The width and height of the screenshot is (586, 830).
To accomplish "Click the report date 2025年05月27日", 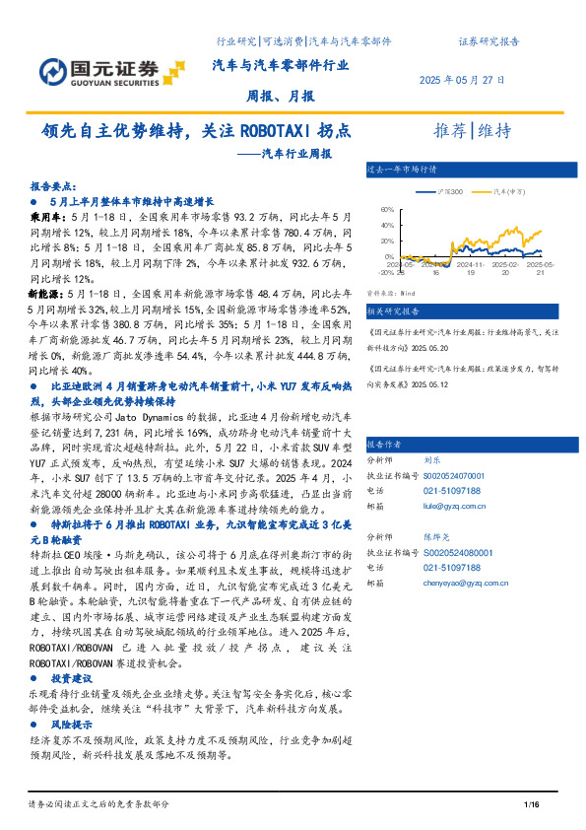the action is [462, 80].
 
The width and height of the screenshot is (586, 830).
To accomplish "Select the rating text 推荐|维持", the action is [473, 131].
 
